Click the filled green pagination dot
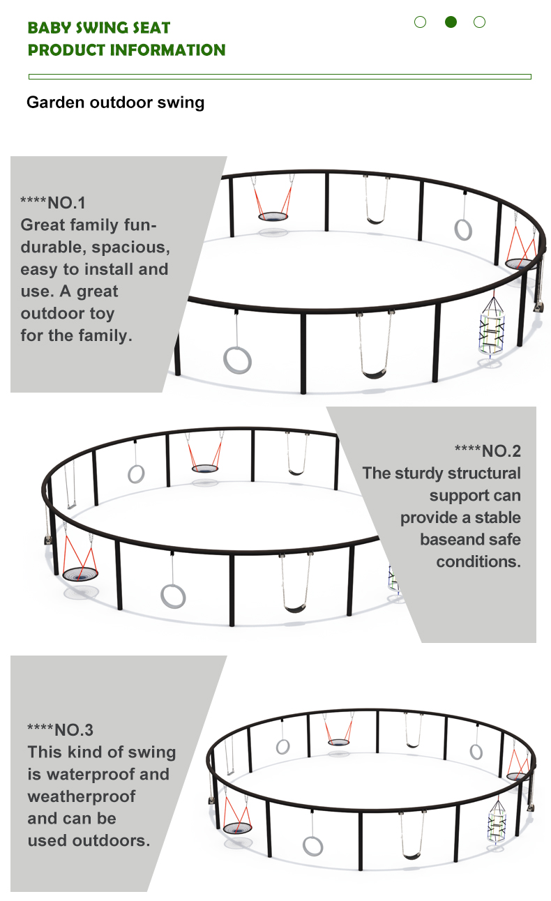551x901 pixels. coord(451,22)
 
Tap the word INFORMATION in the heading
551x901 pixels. coord(167,50)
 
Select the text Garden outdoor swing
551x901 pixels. coord(115,103)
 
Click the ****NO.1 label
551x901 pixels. coord(53,203)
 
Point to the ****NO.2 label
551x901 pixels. coord(488,451)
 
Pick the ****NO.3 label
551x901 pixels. coord(60,729)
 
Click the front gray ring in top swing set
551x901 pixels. coord(237,361)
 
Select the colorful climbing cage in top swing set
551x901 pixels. coord(491,326)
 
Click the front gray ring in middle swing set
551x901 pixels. coord(173,596)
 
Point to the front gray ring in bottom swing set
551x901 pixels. coord(312,846)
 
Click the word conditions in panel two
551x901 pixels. coord(478,561)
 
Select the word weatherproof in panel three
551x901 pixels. coord(82,796)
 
